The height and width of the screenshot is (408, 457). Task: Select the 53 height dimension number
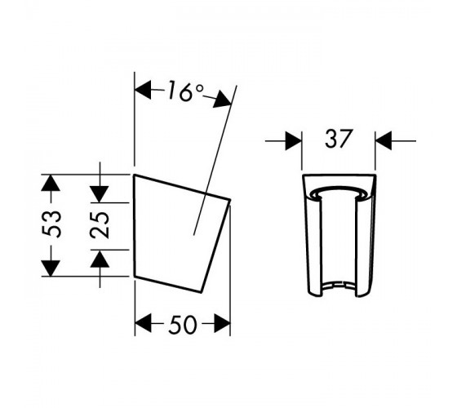[x=51, y=224]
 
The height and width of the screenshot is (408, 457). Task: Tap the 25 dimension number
[x=100, y=224]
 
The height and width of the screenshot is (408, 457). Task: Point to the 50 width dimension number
[x=183, y=325]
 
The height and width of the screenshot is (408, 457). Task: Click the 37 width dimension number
[x=339, y=138]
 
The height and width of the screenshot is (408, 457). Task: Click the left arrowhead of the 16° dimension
[x=143, y=90]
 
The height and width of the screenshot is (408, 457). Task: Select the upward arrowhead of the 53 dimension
[x=51, y=183]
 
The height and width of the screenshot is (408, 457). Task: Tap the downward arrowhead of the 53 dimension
[x=51, y=268]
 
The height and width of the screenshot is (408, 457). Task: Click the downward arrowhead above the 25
[x=100, y=194]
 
